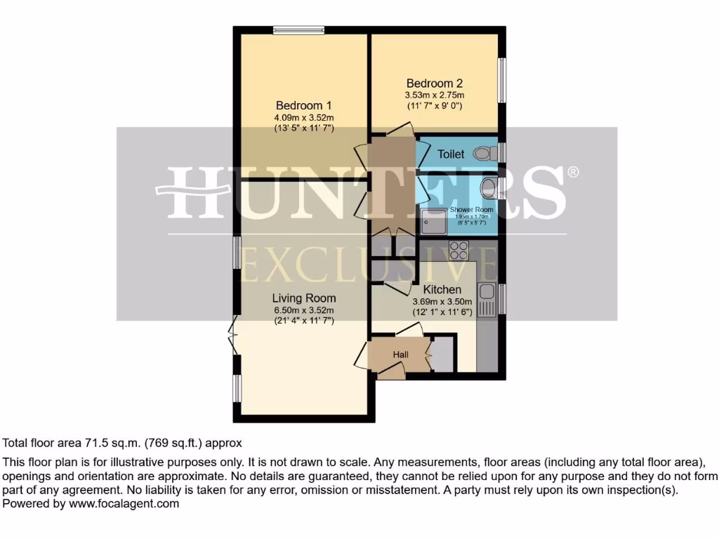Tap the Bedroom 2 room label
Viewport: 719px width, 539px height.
click(434, 83)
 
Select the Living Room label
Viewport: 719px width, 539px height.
click(304, 298)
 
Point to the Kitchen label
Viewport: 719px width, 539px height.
click(442, 289)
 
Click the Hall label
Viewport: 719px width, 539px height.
click(401, 355)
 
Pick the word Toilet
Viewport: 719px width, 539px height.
click(451, 154)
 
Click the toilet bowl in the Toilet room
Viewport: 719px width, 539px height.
click(483, 153)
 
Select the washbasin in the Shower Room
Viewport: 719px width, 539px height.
click(489, 187)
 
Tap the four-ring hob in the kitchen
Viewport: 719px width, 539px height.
click(459, 251)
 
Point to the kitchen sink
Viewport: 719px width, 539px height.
click(486, 300)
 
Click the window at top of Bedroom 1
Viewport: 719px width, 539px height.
click(299, 29)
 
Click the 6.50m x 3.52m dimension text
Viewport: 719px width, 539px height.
click(304, 310)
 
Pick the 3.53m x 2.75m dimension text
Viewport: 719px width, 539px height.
click(434, 95)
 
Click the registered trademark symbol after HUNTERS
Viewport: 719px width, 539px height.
click(574, 172)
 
